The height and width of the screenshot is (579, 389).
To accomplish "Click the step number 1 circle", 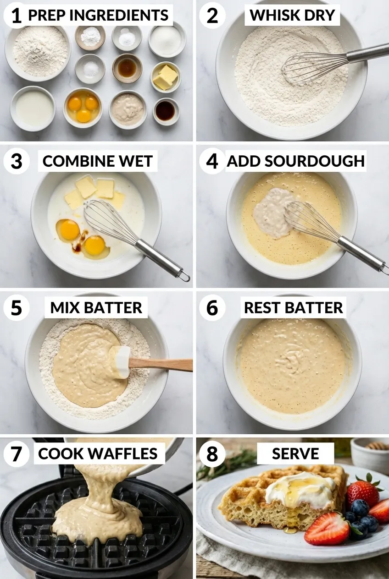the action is coord(16,15).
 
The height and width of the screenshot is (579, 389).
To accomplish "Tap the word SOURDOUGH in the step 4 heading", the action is coord(315,161).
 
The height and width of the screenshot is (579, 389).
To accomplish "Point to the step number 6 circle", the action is coord(212,308).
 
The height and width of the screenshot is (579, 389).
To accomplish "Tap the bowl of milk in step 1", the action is coord(33,108).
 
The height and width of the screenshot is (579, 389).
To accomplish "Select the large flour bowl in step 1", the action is coord(38,53).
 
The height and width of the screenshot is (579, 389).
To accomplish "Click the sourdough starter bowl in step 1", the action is coord(128,109).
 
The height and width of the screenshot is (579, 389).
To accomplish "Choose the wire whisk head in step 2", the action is coord(314,68).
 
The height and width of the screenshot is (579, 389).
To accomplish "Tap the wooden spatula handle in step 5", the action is coord(161,365).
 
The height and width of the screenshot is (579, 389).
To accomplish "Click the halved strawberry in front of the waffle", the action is coord(327,528).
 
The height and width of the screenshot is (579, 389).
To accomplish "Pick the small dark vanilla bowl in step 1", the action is coord(166,111).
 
